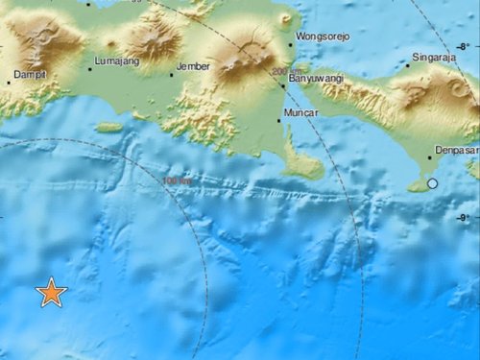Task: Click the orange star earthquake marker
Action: coord(51,294)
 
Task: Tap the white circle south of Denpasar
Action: coord(433,182)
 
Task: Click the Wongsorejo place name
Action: coord(323,36)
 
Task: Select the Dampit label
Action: coord(31,73)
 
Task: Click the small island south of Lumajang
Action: coord(109,127)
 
